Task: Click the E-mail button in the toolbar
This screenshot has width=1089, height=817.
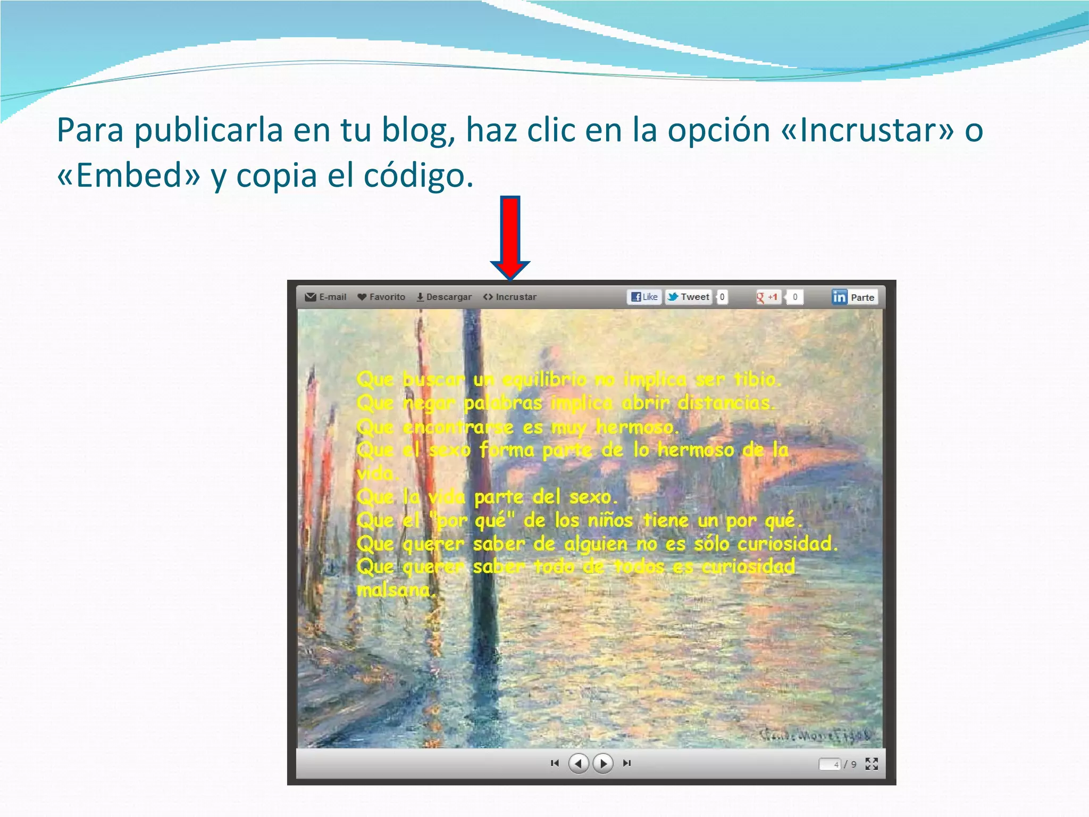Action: [325, 297]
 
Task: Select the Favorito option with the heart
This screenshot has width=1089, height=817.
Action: [381, 297]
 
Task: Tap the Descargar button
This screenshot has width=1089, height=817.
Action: [444, 297]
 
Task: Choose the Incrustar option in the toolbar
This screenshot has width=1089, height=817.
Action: [510, 297]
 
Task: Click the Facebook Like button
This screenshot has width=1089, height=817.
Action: [644, 297]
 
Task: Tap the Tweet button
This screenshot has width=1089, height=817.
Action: [689, 297]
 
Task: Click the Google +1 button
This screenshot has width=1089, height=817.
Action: [767, 297]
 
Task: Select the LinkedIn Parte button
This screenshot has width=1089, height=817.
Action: [854, 297]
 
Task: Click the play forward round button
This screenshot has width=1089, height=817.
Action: [603, 763]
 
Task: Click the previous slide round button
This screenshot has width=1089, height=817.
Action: [578, 763]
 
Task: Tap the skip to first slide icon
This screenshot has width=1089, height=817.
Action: [555, 763]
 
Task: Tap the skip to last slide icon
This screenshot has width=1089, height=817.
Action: [627, 763]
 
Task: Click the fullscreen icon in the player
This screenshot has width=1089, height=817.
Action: [872, 764]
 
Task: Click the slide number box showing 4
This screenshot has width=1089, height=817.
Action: [830, 764]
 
